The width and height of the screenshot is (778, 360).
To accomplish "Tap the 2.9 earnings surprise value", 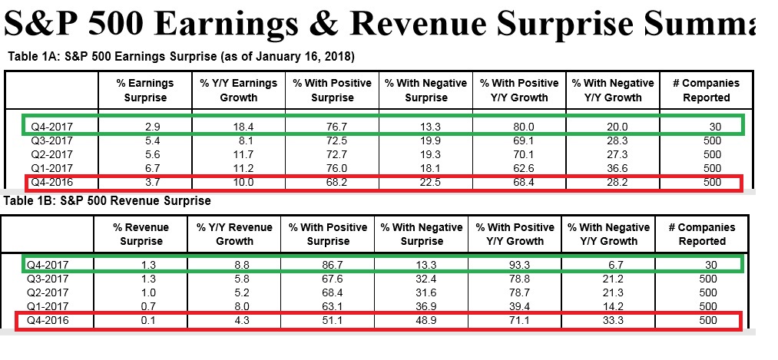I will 145,124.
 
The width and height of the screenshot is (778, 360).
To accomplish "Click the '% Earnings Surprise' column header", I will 145,90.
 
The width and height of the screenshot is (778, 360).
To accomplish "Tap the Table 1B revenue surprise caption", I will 109,201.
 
